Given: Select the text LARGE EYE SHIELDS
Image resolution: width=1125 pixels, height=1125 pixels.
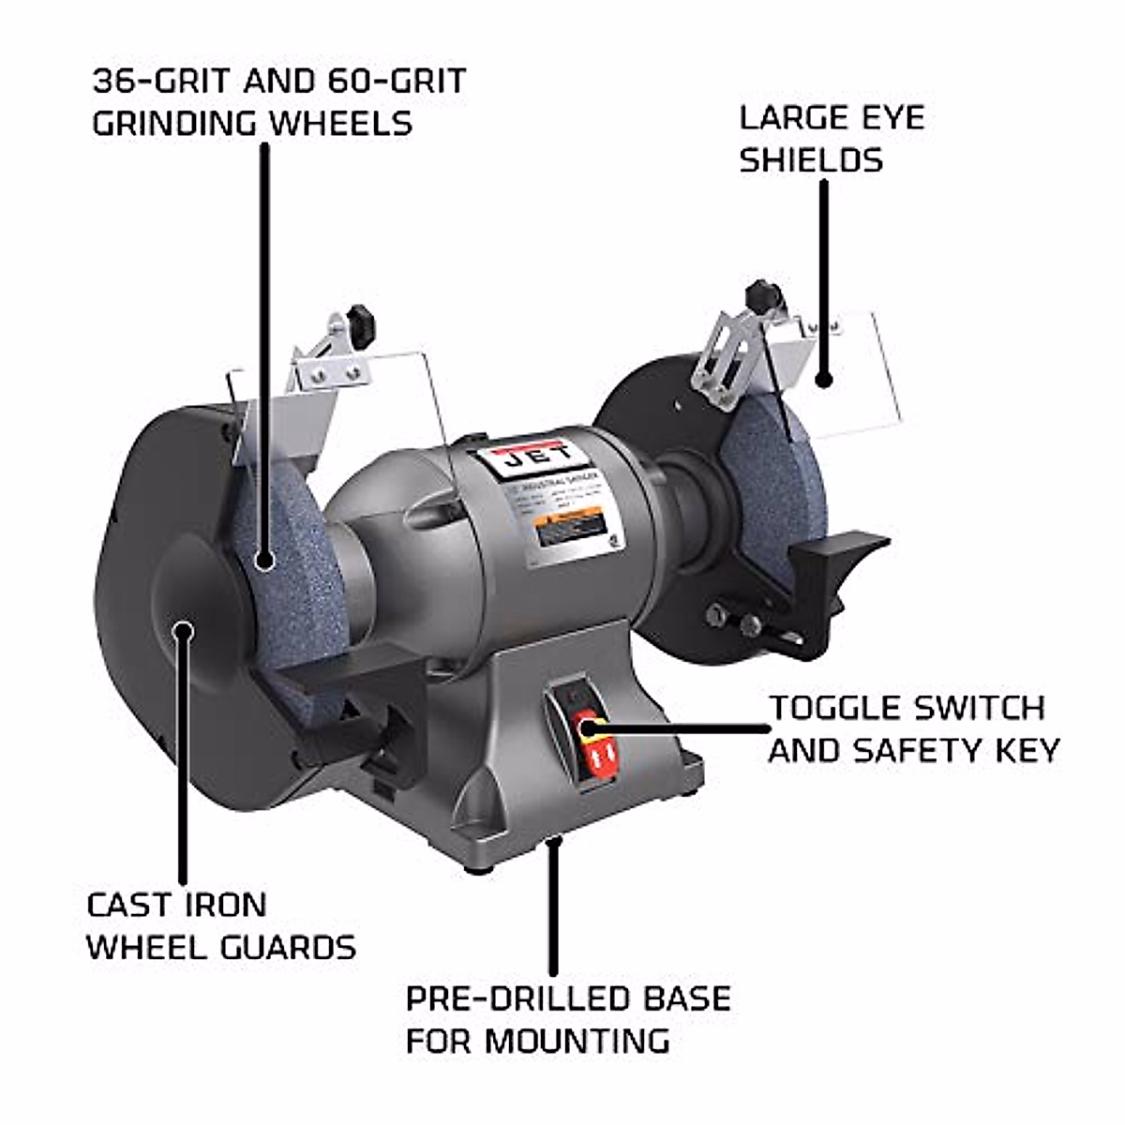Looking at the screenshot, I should coord(832,139).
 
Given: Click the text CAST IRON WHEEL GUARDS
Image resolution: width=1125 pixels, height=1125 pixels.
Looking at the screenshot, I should coord(221,925).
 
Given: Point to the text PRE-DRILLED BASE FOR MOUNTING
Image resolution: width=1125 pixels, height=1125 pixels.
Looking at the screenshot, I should coord(567,1018).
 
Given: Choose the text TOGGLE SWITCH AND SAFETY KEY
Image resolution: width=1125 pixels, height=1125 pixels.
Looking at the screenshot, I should coord(913,728).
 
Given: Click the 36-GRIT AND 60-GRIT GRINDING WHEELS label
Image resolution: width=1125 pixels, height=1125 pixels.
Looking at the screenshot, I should coord(278,101).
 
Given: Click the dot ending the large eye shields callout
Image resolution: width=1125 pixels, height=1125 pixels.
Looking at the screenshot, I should coord(824,380).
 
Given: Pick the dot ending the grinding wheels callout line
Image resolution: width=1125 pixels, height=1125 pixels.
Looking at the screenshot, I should coord(265,562).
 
